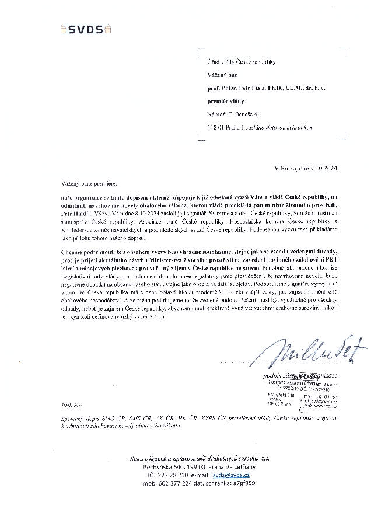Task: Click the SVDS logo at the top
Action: (86, 29)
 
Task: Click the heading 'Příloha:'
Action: (72, 405)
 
